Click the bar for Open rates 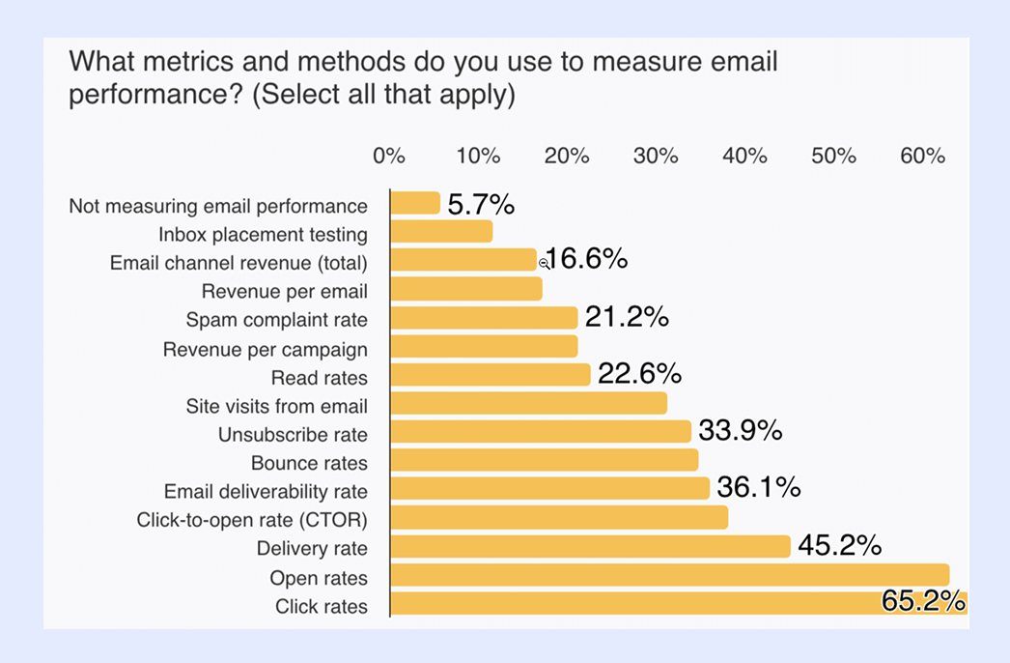[x=669, y=576]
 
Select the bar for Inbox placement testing [x=441, y=232]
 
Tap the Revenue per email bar [x=465, y=289]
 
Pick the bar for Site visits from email [x=528, y=403]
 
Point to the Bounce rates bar [x=544, y=460]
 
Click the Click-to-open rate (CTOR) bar [x=558, y=518]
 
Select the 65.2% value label [x=923, y=602]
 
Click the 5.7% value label [x=480, y=204]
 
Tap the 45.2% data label [x=839, y=546]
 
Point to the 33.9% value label [x=740, y=431]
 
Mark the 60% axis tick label [x=922, y=156]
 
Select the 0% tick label [x=389, y=156]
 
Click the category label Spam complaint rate [x=276, y=319]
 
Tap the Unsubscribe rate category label [x=293, y=434]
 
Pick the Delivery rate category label [x=312, y=549]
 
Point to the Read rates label [x=319, y=377]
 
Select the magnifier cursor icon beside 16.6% [x=544, y=262]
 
